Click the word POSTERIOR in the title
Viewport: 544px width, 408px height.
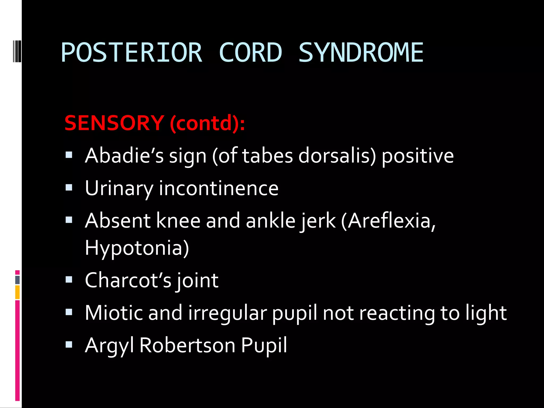click(131, 53)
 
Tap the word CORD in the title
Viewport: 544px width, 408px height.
click(250, 53)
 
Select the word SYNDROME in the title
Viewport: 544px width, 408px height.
click(361, 53)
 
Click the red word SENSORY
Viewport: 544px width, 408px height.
click(114, 123)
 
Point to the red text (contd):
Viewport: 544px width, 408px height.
click(207, 124)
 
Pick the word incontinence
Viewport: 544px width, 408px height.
click(219, 188)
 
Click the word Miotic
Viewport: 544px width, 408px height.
click(113, 313)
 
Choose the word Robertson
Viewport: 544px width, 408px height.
click(187, 345)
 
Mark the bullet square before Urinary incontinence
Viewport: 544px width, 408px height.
click(69, 188)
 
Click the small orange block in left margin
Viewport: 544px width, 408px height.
click(18, 292)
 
